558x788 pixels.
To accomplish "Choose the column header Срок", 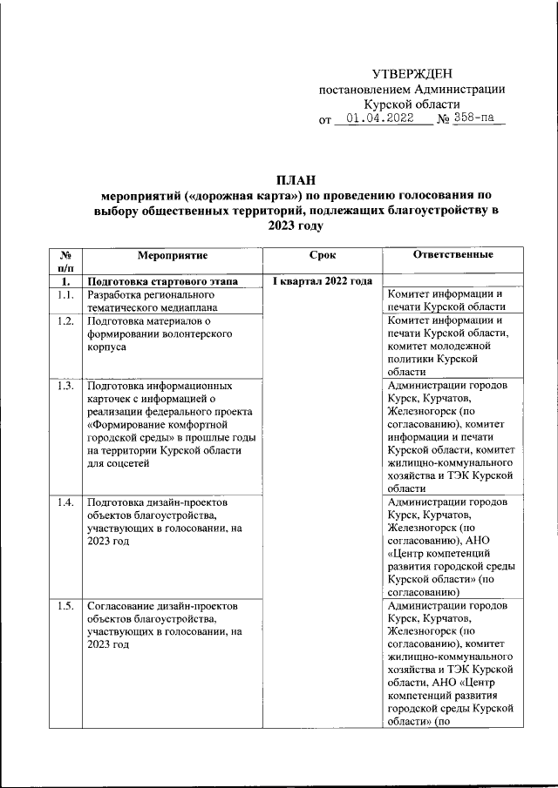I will (322, 254).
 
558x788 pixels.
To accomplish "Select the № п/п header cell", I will (65, 261).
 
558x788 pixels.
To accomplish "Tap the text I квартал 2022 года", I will (322, 281).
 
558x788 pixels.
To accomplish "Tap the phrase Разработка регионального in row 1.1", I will (150, 295).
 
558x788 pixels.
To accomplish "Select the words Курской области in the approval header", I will (412, 104).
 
